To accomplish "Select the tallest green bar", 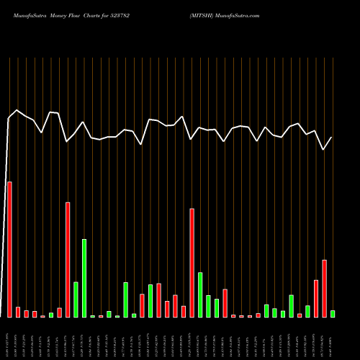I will [x=84, y=278].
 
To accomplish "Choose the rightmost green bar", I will [x=333, y=314].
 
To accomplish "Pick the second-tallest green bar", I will [x=200, y=294].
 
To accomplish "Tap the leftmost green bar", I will [x=51, y=315].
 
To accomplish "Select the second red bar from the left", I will [x=18, y=312].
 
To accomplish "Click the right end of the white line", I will [x=332, y=138].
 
